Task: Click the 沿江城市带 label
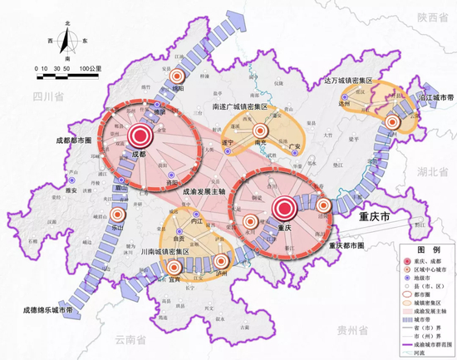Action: tap(430, 97)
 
